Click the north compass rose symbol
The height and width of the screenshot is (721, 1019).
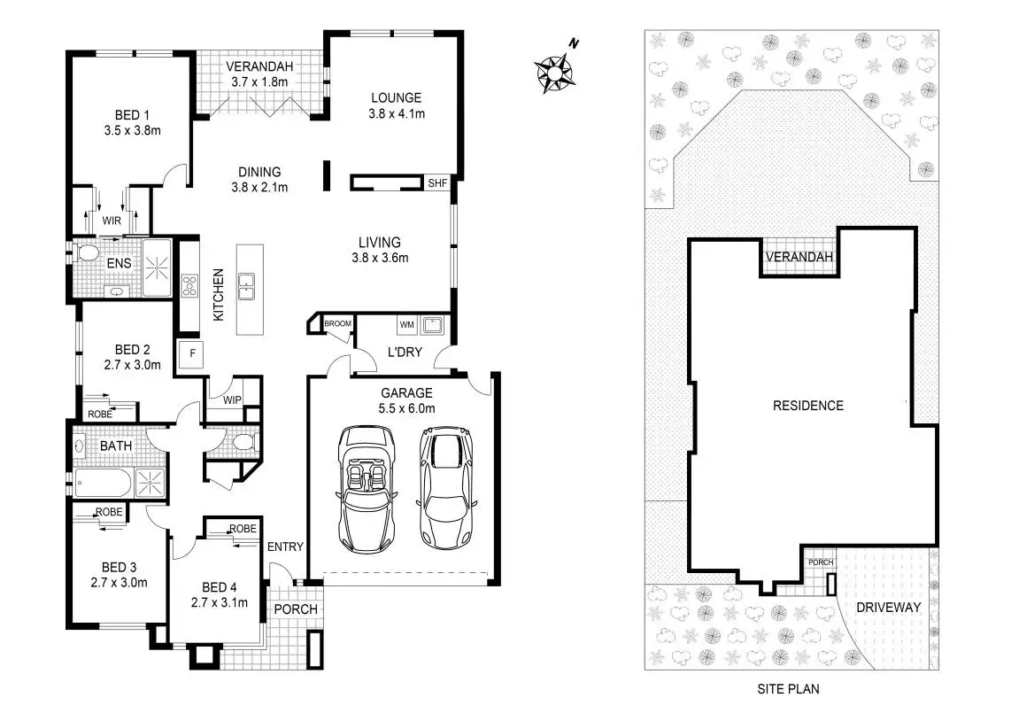tap(555, 71)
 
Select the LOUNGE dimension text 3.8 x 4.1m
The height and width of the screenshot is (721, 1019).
tap(397, 113)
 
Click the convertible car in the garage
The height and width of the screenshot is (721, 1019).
tap(366, 487)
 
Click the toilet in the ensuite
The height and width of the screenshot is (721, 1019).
tap(87, 254)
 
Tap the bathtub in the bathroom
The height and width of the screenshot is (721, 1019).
tap(101, 484)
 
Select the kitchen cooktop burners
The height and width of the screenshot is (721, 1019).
tap(189, 285)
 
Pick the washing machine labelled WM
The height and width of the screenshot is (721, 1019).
tap(406, 325)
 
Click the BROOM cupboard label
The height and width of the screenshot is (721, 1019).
tap(338, 324)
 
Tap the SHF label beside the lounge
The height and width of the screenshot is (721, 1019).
tap(437, 183)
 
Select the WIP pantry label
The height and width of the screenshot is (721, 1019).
tap(232, 399)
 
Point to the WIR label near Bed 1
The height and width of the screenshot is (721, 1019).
tap(111, 221)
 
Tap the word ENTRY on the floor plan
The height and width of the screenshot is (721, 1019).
tap(285, 547)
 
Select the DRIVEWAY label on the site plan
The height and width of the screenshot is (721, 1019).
tap(889, 608)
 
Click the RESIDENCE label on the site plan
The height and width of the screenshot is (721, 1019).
tap(808, 406)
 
